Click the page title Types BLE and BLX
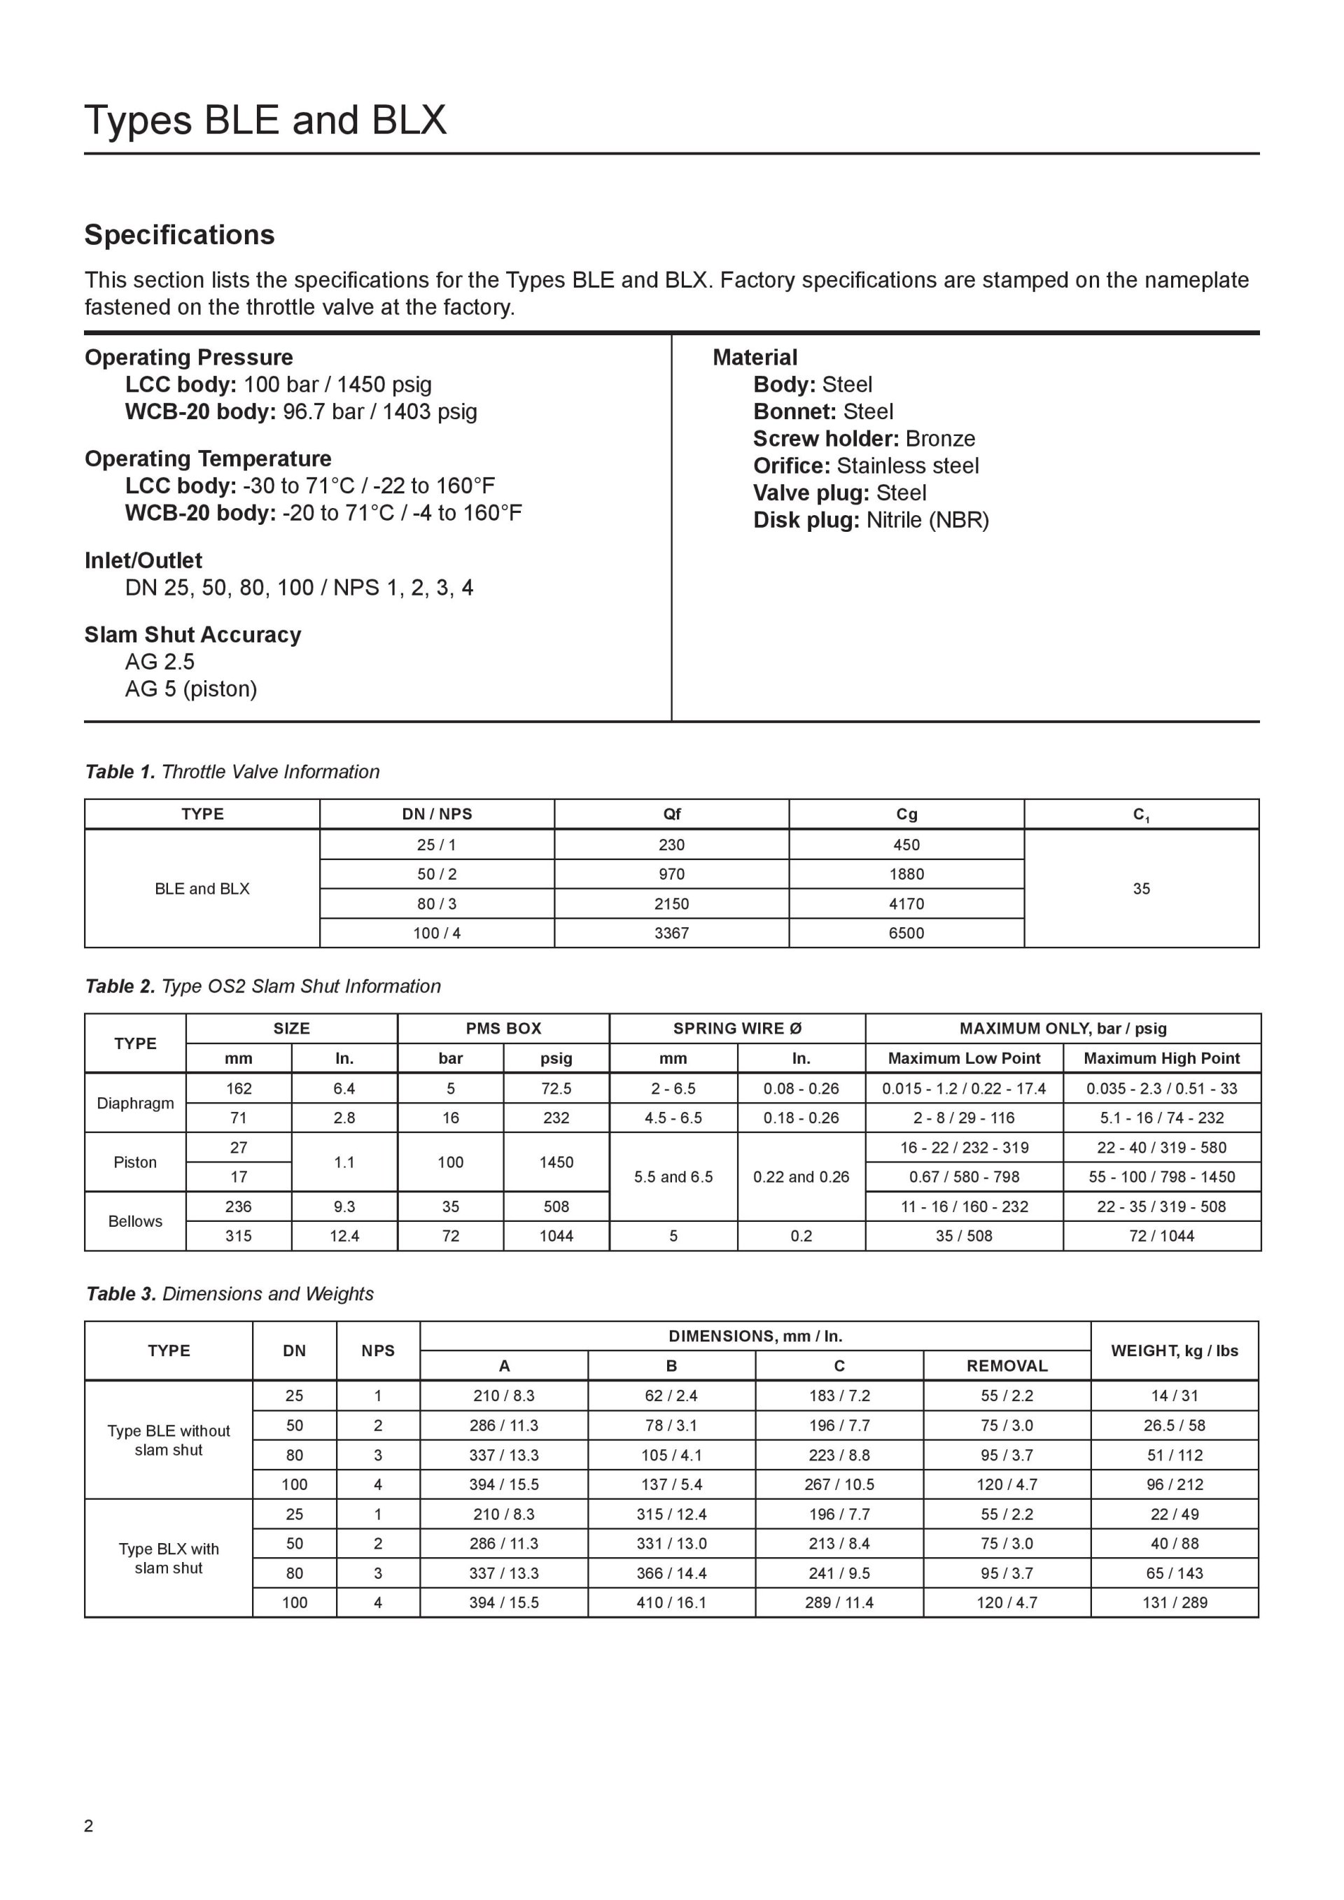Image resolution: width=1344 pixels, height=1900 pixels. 265,121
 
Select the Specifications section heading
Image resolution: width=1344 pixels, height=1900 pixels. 180,235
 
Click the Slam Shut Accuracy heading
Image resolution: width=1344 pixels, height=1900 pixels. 192,635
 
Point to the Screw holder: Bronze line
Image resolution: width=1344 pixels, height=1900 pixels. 864,439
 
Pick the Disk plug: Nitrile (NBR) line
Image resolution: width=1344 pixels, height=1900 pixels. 871,520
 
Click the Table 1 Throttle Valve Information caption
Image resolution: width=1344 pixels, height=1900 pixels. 232,771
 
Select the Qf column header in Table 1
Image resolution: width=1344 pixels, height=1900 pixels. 671,815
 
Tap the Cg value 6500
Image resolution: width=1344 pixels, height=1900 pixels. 906,933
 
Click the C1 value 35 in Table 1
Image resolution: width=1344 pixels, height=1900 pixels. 1141,889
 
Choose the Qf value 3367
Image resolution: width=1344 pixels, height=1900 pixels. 671,933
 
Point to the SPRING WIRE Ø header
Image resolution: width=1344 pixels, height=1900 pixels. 736,1029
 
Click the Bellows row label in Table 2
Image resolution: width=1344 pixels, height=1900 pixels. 135,1221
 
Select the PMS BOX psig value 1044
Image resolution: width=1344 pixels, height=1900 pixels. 556,1237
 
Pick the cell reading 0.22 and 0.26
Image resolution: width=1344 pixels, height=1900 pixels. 800,1177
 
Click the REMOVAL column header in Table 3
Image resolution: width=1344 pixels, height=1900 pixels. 1007,1366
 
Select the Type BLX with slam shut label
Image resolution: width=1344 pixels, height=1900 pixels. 169,1558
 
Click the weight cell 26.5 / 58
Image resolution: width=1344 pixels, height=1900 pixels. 1175,1426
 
